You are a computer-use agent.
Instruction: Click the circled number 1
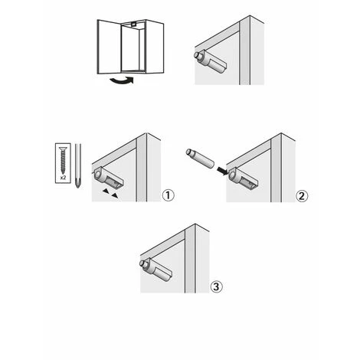pos(169,195)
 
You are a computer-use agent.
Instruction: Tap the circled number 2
pos(302,196)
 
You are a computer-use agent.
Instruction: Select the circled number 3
pos(216,286)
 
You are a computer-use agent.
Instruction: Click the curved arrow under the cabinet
pos(122,80)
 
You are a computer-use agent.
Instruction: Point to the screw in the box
pos(63,160)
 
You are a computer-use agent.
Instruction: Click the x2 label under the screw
pos(63,178)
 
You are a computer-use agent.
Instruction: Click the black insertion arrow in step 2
pos(221,171)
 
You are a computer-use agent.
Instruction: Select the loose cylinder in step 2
pos(200,158)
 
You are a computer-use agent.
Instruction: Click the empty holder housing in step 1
pos(108,178)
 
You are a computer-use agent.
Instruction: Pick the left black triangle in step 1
pos(105,191)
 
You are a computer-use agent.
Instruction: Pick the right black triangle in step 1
pos(115,196)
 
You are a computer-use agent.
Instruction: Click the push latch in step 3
pos(155,270)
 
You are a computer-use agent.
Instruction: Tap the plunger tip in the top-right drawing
pos(198,55)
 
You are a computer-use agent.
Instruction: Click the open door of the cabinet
pos(109,47)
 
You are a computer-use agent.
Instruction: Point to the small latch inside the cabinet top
pos(133,25)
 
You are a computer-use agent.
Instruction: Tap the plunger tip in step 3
pos(143,263)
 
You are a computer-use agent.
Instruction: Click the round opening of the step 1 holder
pos(98,175)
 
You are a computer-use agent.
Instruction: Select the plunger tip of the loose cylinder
pos(189,152)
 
